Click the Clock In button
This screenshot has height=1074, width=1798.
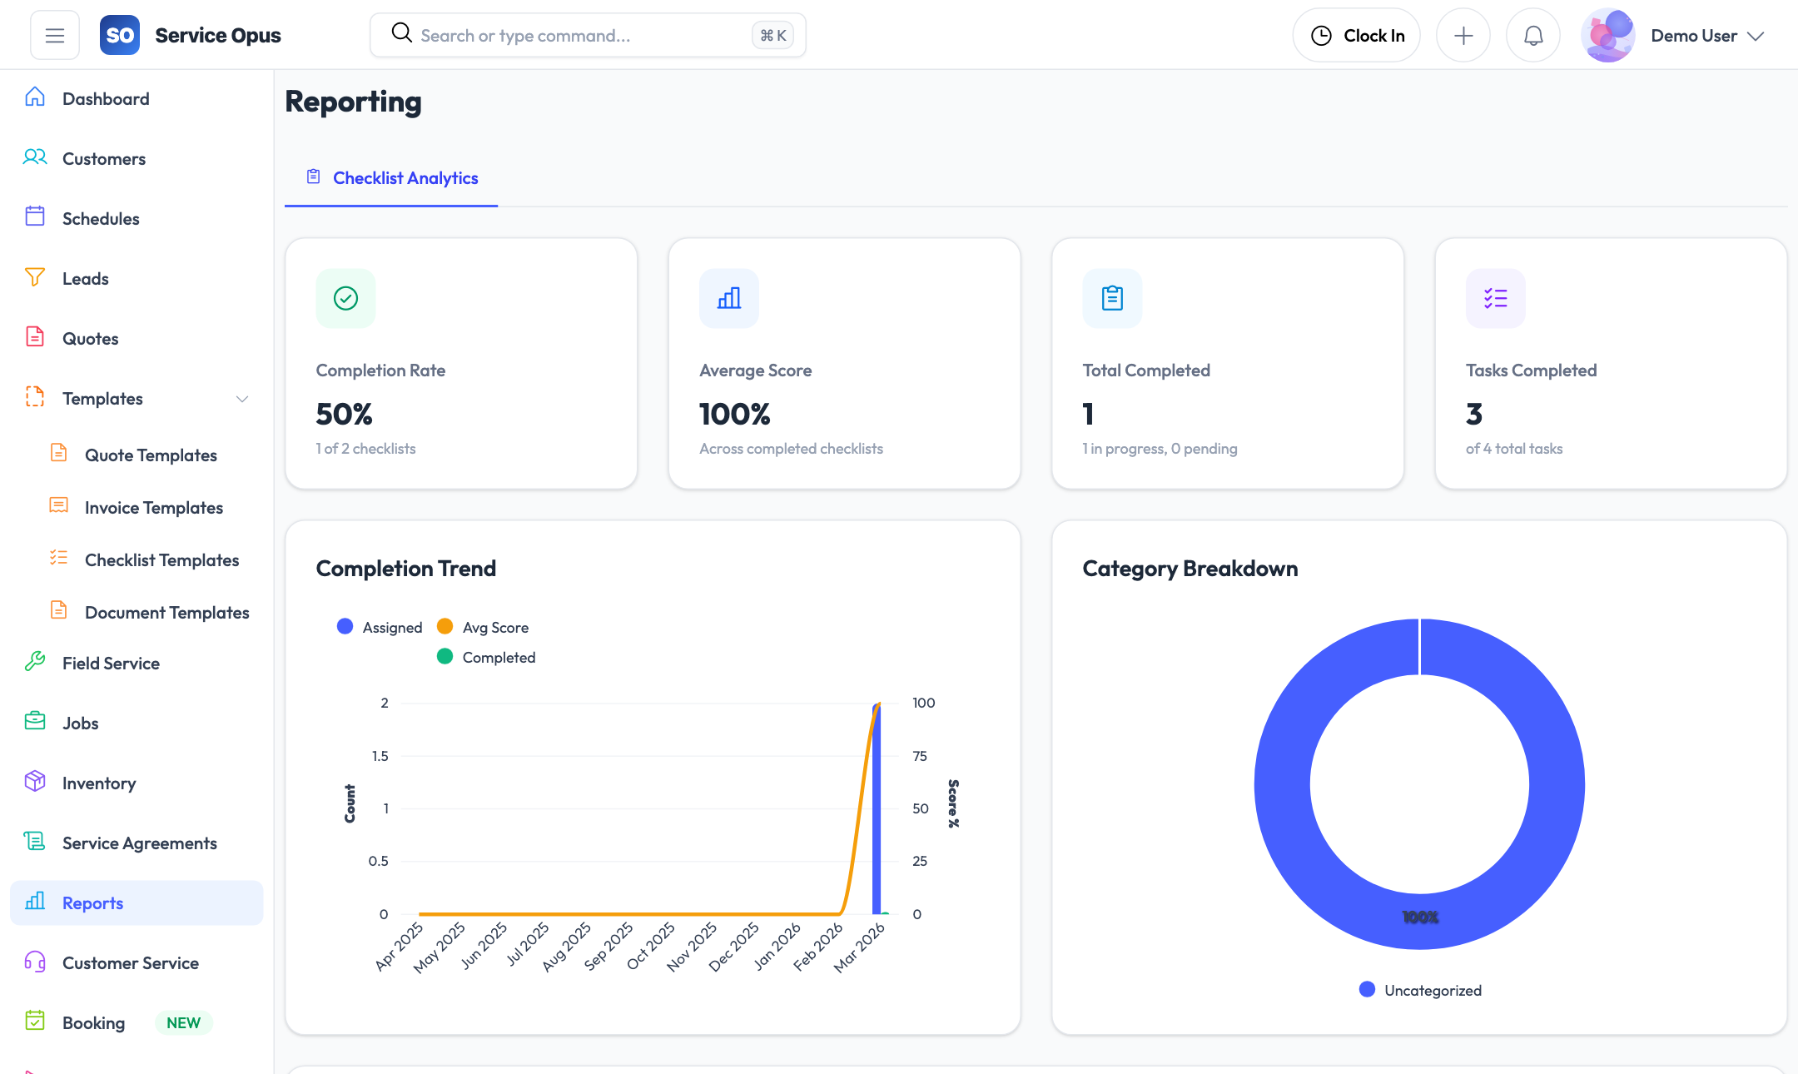point(1356,36)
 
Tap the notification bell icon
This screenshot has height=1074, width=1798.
point(1532,36)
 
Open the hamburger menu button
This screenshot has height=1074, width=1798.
point(55,36)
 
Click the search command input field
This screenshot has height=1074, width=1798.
point(574,36)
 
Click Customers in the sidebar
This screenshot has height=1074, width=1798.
point(103,159)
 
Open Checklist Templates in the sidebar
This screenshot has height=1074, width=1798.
point(161,560)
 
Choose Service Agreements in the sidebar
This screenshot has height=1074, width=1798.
point(139,843)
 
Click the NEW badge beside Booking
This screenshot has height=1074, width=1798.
point(183,1023)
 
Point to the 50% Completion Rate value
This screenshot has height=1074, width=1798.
point(344,414)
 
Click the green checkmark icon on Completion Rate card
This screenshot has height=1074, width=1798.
point(345,298)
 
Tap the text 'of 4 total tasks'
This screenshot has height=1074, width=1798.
point(1513,449)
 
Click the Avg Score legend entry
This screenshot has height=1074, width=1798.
point(484,628)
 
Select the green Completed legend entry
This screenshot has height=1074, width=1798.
point(487,658)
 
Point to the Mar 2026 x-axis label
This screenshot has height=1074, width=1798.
point(859,947)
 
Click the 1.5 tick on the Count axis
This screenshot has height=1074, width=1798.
point(380,756)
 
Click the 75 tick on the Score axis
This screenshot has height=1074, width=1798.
point(920,756)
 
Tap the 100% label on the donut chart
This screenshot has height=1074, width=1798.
point(1419,917)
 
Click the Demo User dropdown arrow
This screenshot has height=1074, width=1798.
point(1756,36)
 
